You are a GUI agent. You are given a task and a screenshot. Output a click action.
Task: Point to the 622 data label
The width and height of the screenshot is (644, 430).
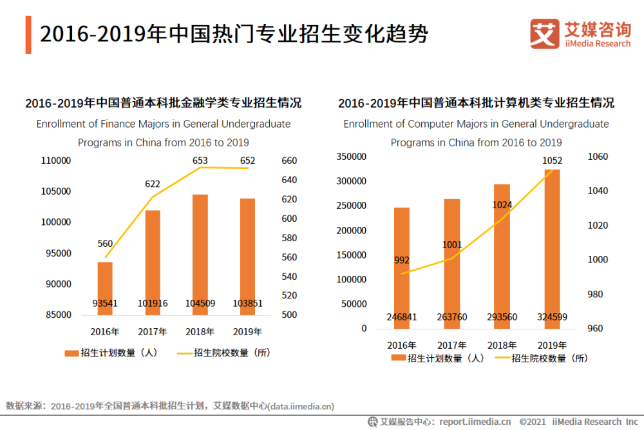click(153, 184)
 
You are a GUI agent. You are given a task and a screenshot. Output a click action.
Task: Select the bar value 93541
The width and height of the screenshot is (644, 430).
click(105, 304)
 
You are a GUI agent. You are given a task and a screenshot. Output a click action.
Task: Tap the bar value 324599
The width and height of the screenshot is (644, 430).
click(552, 317)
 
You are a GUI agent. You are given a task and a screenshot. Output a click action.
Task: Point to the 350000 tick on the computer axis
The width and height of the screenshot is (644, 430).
click(352, 157)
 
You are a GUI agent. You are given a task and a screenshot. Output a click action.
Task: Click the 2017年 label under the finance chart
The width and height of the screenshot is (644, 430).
click(153, 333)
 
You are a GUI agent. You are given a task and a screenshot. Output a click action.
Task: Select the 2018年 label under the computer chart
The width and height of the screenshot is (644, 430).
click(502, 345)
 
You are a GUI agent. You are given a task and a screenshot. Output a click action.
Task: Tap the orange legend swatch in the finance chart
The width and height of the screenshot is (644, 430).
click(71, 353)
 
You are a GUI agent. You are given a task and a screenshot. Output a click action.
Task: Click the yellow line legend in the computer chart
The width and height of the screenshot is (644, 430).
click(501, 358)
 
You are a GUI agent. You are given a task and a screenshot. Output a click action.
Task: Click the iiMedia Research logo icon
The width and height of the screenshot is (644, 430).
click(544, 34)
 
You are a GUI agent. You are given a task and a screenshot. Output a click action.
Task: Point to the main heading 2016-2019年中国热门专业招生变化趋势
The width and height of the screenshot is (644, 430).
click(234, 34)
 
